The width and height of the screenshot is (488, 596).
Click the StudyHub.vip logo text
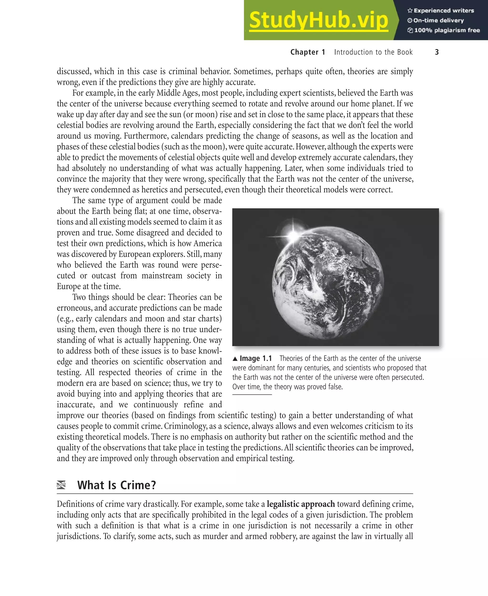pyautogui.click(x=319, y=20)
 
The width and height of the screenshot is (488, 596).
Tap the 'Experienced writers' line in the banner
pyautogui.click(x=441, y=11)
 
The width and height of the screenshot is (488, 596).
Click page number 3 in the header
pyautogui.click(x=437, y=52)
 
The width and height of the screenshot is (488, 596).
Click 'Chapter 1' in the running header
pyautogui.click(x=308, y=52)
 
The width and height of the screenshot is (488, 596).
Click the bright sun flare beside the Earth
pyautogui.click(x=293, y=234)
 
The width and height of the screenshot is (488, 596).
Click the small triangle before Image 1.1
pyautogui.click(x=235, y=359)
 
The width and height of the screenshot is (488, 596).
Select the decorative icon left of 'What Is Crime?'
pyautogui.click(x=61, y=485)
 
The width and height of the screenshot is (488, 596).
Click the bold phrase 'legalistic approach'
pyautogui.click(x=300, y=504)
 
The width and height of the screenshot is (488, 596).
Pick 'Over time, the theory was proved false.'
pyautogui.click(x=287, y=387)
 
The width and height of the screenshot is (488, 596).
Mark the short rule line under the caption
pyautogui.click(x=252, y=395)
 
